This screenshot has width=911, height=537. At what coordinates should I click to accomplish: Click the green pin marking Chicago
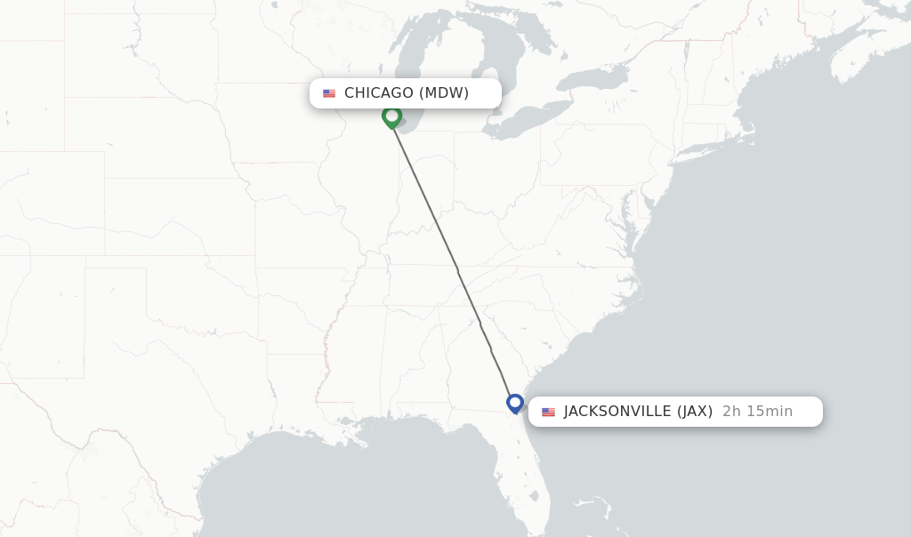pyautogui.click(x=391, y=116)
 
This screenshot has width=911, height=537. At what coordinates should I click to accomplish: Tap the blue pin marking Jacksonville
pyautogui.click(x=514, y=403)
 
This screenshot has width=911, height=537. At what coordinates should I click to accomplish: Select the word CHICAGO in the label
pyautogui.click(x=379, y=93)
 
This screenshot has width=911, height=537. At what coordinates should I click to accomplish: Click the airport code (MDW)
pyautogui.click(x=444, y=93)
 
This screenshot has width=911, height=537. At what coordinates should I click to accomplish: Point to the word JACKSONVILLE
pyautogui.click(x=617, y=412)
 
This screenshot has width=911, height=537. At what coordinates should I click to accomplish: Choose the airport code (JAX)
pyautogui.click(x=695, y=412)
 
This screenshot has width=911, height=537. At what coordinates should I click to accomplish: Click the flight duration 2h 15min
pyautogui.click(x=757, y=412)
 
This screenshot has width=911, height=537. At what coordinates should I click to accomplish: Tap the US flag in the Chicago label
pyautogui.click(x=329, y=93)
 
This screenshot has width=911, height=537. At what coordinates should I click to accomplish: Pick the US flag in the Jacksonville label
pyautogui.click(x=548, y=412)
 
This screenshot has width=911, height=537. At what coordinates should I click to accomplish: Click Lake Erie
pyautogui.click(x=525, y=124)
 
